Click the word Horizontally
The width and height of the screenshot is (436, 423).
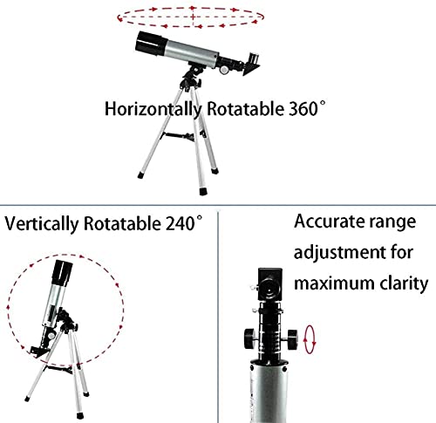(153, 109)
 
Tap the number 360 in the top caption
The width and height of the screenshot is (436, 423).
(303, 109)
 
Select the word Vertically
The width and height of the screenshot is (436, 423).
(42, 224)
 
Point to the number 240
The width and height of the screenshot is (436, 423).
(180, 223)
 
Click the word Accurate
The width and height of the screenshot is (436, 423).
(329, 222)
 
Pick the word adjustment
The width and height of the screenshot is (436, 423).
(339, 252)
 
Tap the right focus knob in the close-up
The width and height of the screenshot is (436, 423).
(292, 339)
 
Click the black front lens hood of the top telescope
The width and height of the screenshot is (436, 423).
(150, 44)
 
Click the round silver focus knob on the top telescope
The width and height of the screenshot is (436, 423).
(224, 70)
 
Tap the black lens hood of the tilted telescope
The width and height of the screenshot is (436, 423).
(62, 272)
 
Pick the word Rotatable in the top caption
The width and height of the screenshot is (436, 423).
(245, 109)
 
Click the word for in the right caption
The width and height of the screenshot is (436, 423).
(402, 252)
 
